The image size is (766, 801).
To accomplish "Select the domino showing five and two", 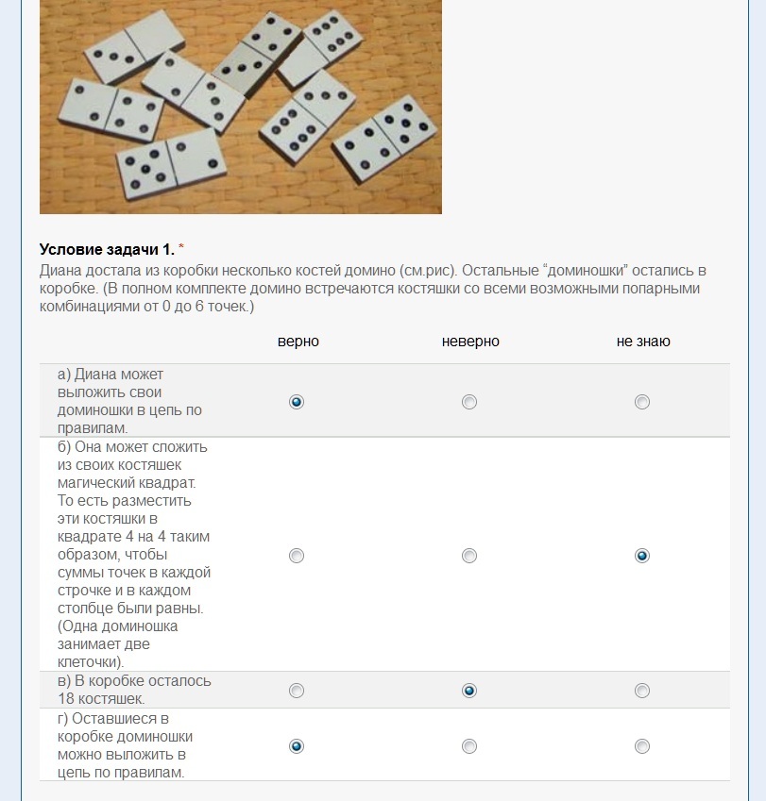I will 173,156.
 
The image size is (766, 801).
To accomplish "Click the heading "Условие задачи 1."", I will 107,249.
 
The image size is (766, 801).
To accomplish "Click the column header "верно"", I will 298,342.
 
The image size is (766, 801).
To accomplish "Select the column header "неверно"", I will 470,342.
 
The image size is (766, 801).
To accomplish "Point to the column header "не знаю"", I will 643,342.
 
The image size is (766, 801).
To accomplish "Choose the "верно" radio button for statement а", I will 297,402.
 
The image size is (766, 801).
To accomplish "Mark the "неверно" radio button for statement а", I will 469,402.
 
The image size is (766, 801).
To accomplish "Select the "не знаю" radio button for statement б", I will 642,556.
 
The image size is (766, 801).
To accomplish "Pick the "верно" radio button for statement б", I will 297,556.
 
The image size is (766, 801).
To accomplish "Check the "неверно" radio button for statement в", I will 469,691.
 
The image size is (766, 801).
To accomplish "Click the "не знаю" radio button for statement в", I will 642,691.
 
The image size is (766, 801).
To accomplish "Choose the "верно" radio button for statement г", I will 297,746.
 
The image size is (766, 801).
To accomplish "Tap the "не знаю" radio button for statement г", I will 642,746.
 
